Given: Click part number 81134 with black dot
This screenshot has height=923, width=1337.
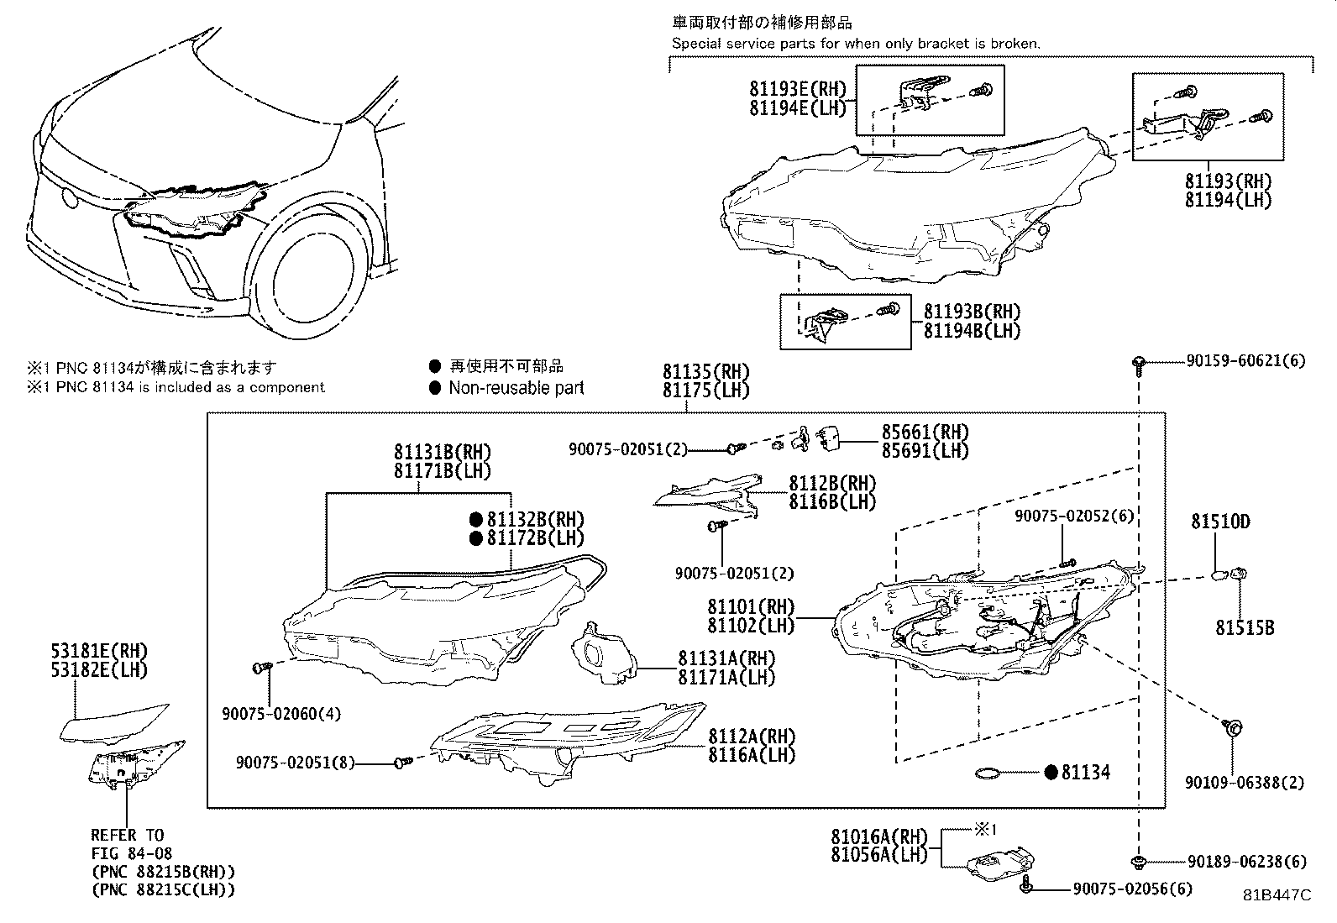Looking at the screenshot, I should click(x=1084, y=772).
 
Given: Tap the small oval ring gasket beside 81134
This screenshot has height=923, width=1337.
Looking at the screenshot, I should click(x=990, y=773).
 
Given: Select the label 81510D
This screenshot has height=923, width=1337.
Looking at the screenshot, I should click(x=1219, y=522).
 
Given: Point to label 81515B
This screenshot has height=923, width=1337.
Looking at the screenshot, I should click(x=1245, y=627).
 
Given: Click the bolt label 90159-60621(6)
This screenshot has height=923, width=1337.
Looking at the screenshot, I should click(x=1246, y=361).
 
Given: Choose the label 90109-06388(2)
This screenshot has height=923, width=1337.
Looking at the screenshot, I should click(x=1245, y=782).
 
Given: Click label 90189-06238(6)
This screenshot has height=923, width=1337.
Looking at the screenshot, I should click(x=1246, y=862).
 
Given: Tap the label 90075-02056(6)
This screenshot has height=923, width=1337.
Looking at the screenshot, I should click(x=1131, y=889).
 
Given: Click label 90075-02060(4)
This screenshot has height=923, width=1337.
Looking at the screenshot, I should click(x=281, y=714).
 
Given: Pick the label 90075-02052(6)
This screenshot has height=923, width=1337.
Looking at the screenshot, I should click(x=1073, y=516).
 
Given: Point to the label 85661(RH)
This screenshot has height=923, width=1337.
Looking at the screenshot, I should click(x=924, y=432).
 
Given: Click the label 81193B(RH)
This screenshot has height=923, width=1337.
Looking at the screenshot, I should click(x=972, y=312).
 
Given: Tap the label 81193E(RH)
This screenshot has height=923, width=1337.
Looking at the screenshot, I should click(x=798, y=90).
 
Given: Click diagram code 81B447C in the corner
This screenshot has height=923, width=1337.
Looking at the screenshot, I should click(x=1277, y=895).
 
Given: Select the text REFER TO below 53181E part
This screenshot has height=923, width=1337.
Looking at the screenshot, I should click(x=128, y=835).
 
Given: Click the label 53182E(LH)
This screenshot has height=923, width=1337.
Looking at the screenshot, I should click(x=98, y=669).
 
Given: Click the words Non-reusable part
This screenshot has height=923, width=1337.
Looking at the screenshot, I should click(x=516, y=388).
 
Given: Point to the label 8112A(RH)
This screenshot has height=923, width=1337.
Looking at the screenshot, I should click(x=751, y=737).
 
